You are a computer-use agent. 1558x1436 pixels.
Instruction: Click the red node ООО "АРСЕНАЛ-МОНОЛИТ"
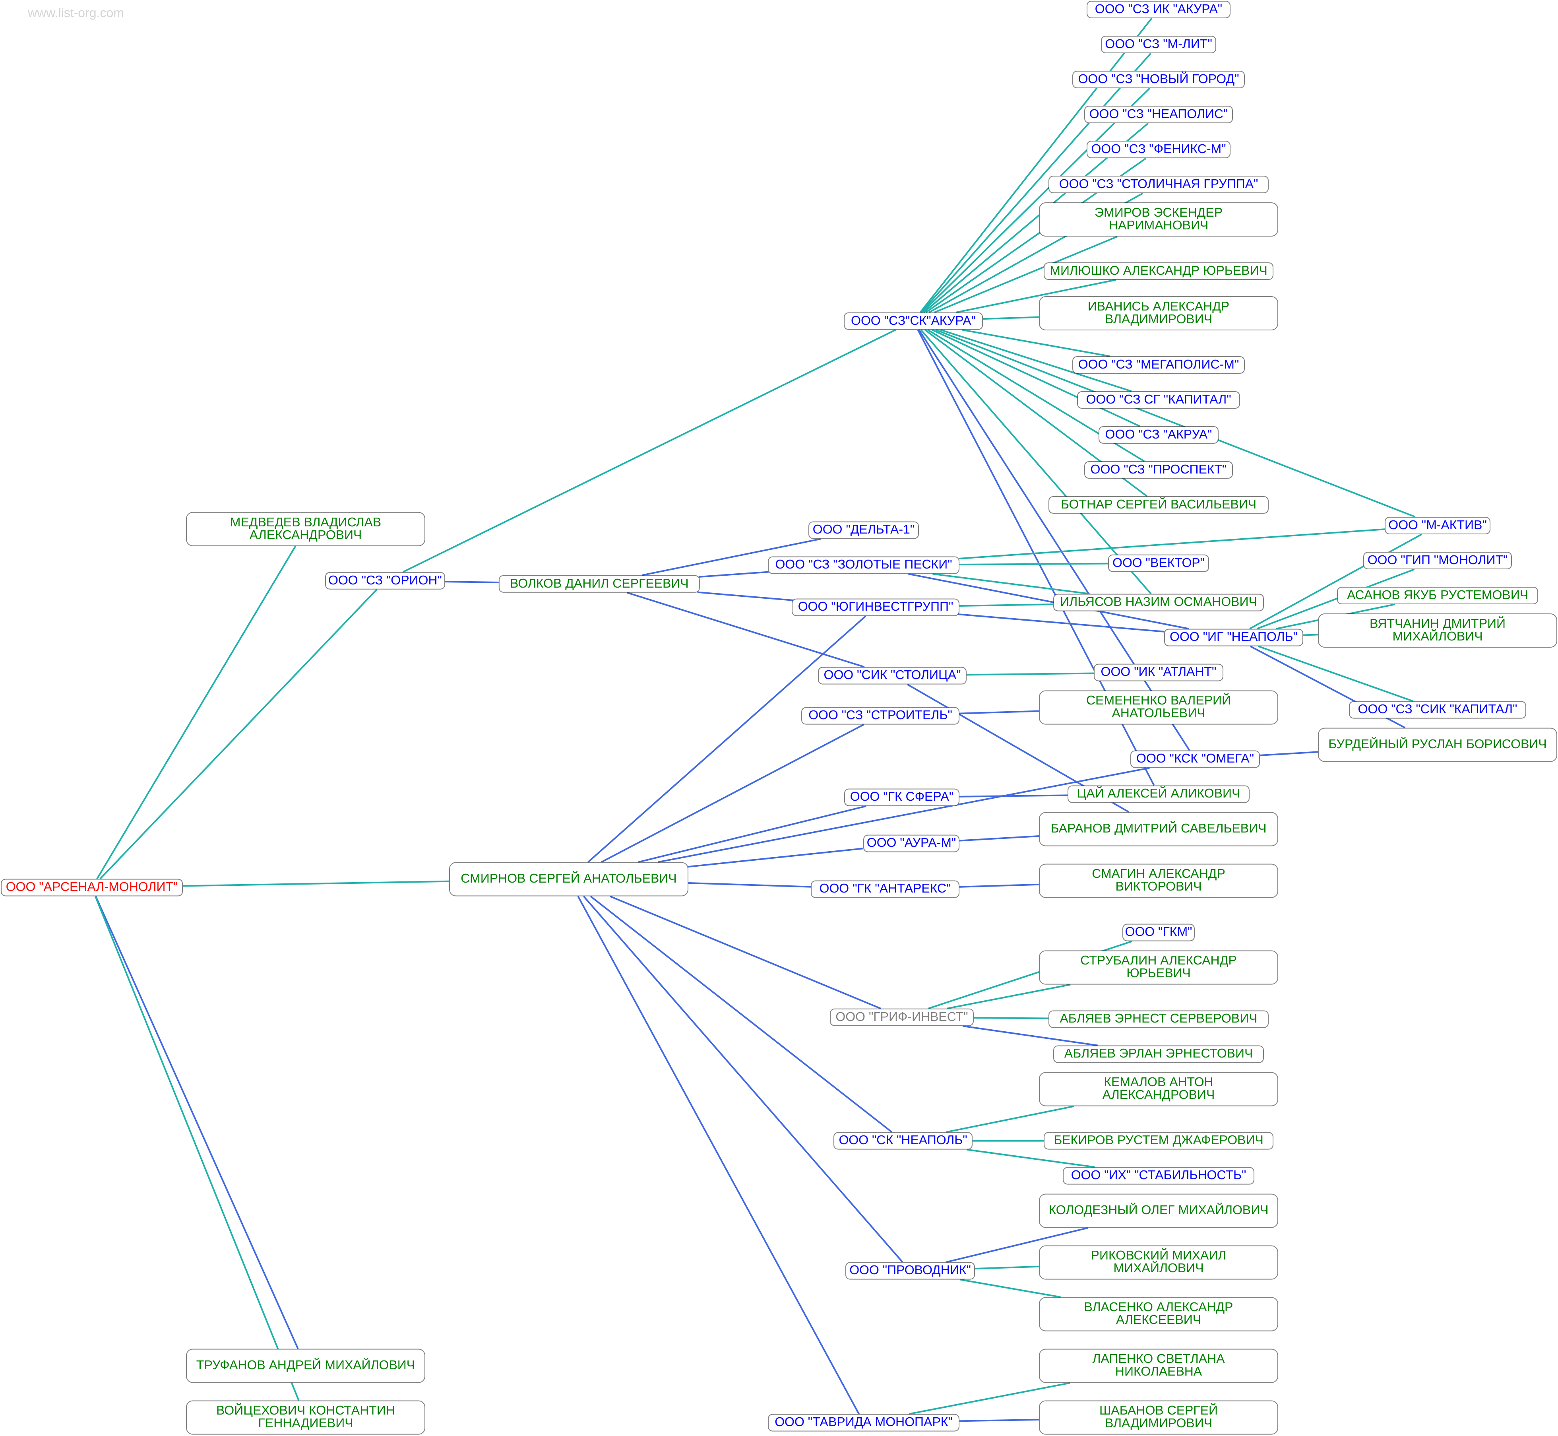(x=92, y=887)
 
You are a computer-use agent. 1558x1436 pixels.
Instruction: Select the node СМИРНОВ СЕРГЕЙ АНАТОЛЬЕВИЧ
(x=568, y=878)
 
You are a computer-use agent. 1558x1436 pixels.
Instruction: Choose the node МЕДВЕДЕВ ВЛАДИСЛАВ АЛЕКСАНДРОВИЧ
(x=305, y=528)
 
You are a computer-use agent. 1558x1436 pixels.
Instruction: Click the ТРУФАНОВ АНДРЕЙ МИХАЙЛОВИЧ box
(x=305, y=1364)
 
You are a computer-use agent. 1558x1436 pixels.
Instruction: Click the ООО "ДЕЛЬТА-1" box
(x=863, y=529)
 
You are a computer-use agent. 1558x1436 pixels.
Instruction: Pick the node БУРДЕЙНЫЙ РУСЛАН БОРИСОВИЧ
(x=1437, y=743)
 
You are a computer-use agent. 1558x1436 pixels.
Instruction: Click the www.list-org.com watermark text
(x=76, y=12)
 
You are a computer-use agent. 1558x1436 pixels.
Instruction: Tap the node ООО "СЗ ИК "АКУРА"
(x=1158, y=9)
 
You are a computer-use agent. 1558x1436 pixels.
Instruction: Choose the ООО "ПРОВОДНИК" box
(x=909, y=1270)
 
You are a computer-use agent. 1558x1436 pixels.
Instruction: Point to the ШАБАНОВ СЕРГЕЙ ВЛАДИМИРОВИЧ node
(x=1158, y=1416)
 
